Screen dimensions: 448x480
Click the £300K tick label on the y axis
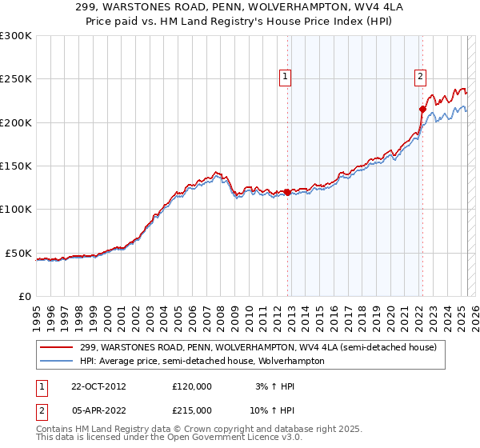tap(16, 36)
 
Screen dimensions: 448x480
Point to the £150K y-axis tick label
tap(16, 166)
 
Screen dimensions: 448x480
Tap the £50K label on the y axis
tap(19, 253)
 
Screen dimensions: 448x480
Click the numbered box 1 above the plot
tap(286, 77)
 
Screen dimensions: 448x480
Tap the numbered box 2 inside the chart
tap(420, 77)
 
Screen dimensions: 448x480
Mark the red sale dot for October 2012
tap(288, 192)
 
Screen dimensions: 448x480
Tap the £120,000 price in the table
tap(192, 386)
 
